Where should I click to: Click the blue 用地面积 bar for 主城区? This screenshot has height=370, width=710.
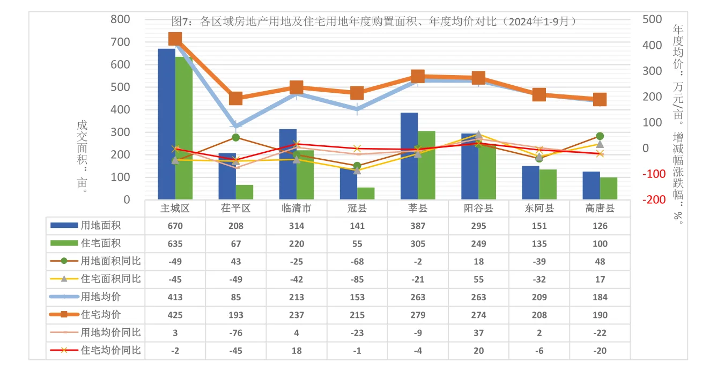166,124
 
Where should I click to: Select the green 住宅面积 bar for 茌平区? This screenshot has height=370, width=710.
245,192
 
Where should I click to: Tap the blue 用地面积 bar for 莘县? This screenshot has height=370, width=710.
409,156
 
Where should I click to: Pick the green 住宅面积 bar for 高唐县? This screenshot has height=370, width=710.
609,188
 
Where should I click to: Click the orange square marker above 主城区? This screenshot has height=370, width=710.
175,39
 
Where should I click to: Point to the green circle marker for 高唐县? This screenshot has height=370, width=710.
600,136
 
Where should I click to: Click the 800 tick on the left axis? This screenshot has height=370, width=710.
120,19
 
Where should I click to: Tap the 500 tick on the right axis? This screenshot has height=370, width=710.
652,19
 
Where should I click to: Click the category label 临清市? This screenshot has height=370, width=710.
297,209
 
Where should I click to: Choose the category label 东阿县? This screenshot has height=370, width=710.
539,209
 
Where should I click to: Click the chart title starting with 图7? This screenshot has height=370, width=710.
374,21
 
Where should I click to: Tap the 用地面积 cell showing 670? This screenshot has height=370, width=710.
175,226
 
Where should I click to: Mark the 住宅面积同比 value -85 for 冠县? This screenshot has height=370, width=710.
357,279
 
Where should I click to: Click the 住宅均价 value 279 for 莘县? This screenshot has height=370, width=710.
418,315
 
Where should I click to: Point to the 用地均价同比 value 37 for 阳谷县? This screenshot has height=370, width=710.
478,332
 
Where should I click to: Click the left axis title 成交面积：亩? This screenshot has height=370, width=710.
82,156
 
